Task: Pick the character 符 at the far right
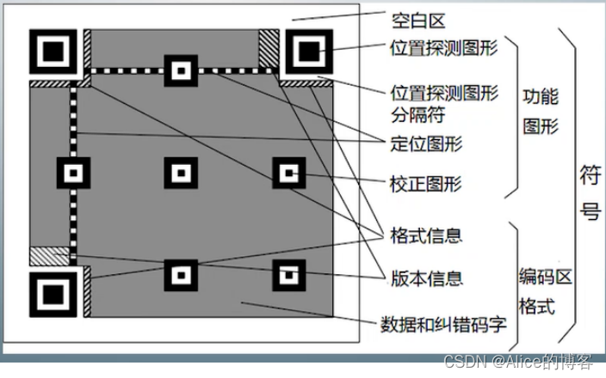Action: coord(590,179)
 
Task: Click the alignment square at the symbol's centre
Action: coord(181,173)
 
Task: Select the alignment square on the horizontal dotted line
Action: coord(181,70)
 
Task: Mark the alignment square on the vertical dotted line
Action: coord(72,173)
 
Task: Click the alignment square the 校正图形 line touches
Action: coord(288,173)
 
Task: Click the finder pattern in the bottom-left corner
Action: coord(51,293)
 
